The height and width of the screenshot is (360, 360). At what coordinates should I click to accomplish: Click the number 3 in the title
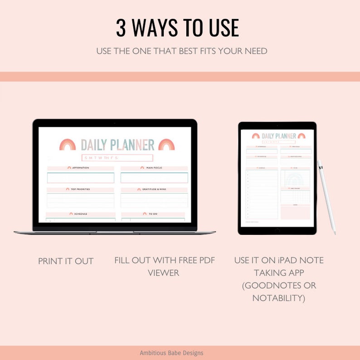pyautogui.click(x=121, y=28)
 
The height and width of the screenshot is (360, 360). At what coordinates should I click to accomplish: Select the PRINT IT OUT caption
pyautogui.click(x=66, y=261)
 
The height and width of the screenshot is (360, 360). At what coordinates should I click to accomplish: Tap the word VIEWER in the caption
pyautogui.click(x=164, y=273)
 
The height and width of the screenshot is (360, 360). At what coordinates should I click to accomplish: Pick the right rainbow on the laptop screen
pyautogui.click(x=166, y=144)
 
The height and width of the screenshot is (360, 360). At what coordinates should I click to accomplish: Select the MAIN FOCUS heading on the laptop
pyautogui.click(x=154, y=168)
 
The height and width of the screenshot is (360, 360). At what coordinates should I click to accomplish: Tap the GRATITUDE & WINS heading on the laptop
pyautogui.click(x=155, y=190)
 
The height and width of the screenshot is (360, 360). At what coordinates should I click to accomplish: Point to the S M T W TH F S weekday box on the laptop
pyautogui.click(x=117, y=158)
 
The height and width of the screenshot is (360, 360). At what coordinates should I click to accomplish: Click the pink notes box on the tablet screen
pyautogui.click(x=295, y=212)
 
